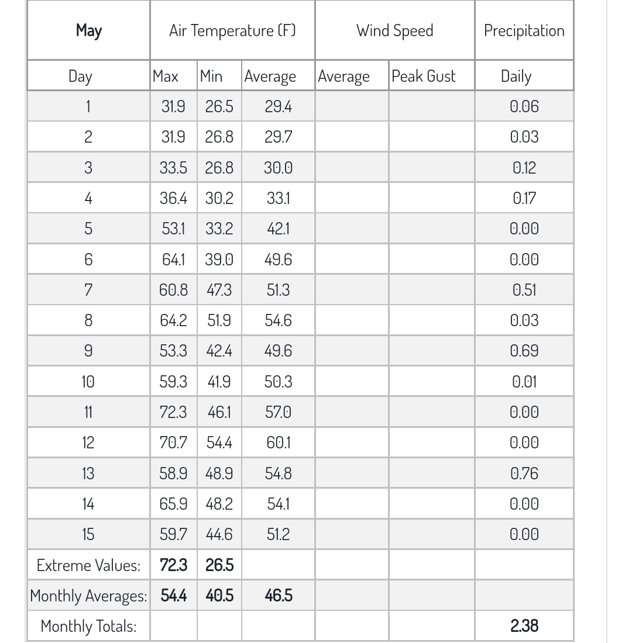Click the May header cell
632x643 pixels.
coord(88,30)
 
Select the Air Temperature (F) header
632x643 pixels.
coord(232,30)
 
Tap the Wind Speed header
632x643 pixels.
coord(395,30)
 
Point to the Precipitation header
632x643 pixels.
coord(524,30)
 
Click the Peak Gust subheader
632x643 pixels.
coord(423,76)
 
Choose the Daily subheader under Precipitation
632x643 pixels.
coord(516,76)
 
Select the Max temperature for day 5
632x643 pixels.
coord(173,229)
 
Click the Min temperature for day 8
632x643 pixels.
coord(219,320)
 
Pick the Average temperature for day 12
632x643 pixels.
coord(278,443)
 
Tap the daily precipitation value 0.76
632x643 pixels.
coord(524,473)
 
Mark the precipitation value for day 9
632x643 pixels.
coord(524,351)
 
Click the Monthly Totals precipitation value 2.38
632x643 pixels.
coord(524,625)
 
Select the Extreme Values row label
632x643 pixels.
coord(88,565)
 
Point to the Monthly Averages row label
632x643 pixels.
coord(88,596)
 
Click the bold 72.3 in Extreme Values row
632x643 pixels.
coord(173,565)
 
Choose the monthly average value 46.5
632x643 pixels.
coord(278,596)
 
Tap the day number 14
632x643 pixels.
coord(88,504)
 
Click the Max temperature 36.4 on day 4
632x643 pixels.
coord(173,198)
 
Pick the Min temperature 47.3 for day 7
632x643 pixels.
coord(219,290)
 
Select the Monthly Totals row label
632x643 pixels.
coord(88,626)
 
